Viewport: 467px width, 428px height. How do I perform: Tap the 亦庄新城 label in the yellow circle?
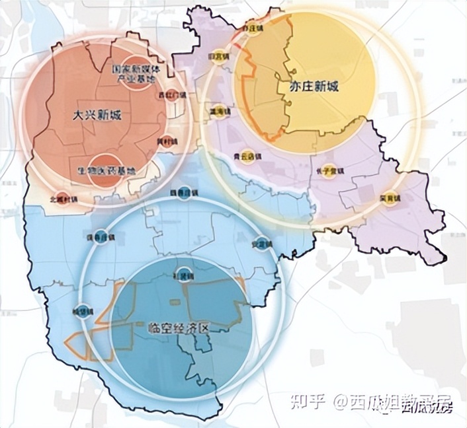coord(306,87)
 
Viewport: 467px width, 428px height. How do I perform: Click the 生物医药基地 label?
coord(106,170)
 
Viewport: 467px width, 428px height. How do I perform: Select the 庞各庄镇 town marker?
coord(99,237)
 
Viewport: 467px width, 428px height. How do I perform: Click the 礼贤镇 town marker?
coord(187,274)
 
